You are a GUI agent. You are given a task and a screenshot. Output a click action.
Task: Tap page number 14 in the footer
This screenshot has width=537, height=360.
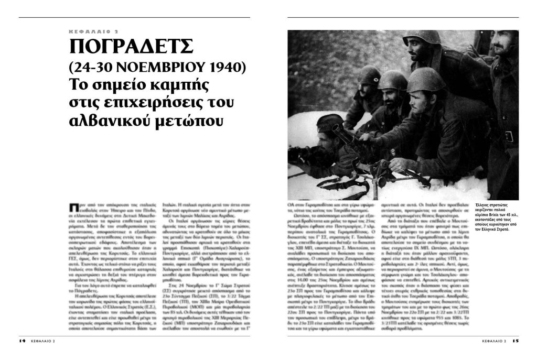[x=23, y=341]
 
